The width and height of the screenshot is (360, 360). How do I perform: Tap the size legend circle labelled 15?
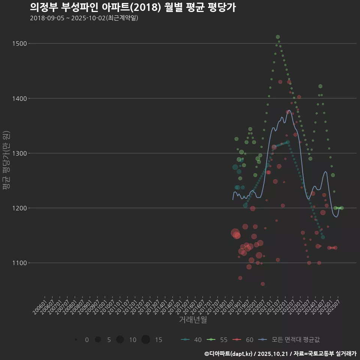coord(146,340)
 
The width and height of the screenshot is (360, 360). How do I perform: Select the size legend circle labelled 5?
coord(98,340)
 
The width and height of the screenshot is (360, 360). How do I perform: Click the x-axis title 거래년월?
coord(193,319)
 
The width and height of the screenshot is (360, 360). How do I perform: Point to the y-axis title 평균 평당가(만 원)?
coord(6,160)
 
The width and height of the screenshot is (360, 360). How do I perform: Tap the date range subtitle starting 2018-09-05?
coord(84,18)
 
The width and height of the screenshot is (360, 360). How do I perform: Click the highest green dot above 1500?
coord(278,37)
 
